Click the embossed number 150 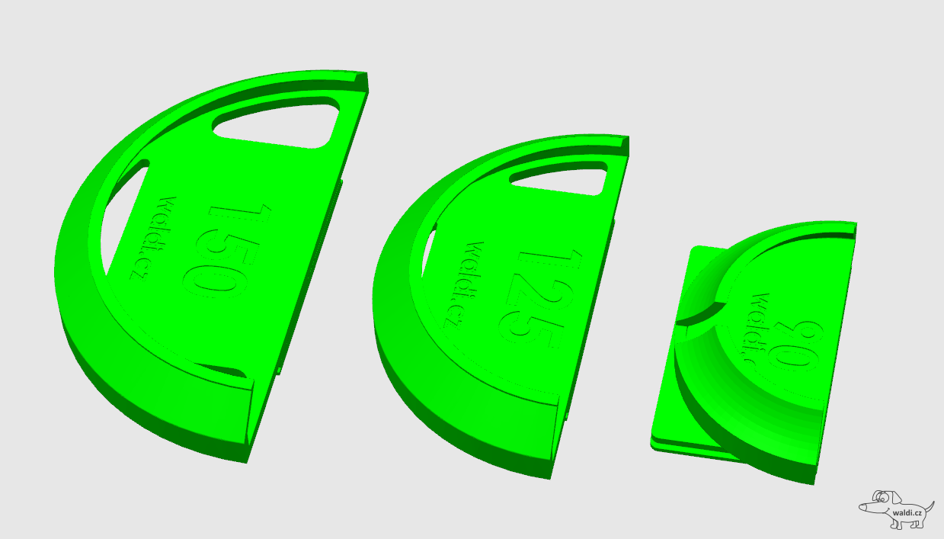(x=228, y=251)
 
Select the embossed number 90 (x=795, y=346)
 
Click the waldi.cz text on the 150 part (x=155, y=239)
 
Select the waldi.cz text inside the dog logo (x=907, y=513)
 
